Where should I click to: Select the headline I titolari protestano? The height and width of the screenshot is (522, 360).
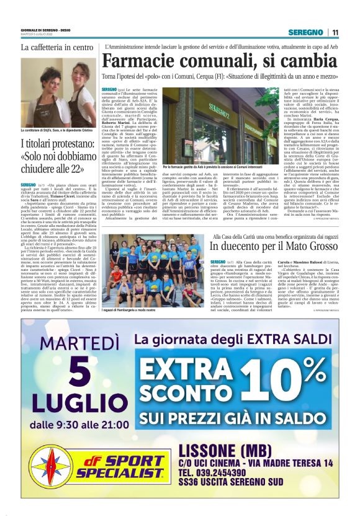(55, 157)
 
